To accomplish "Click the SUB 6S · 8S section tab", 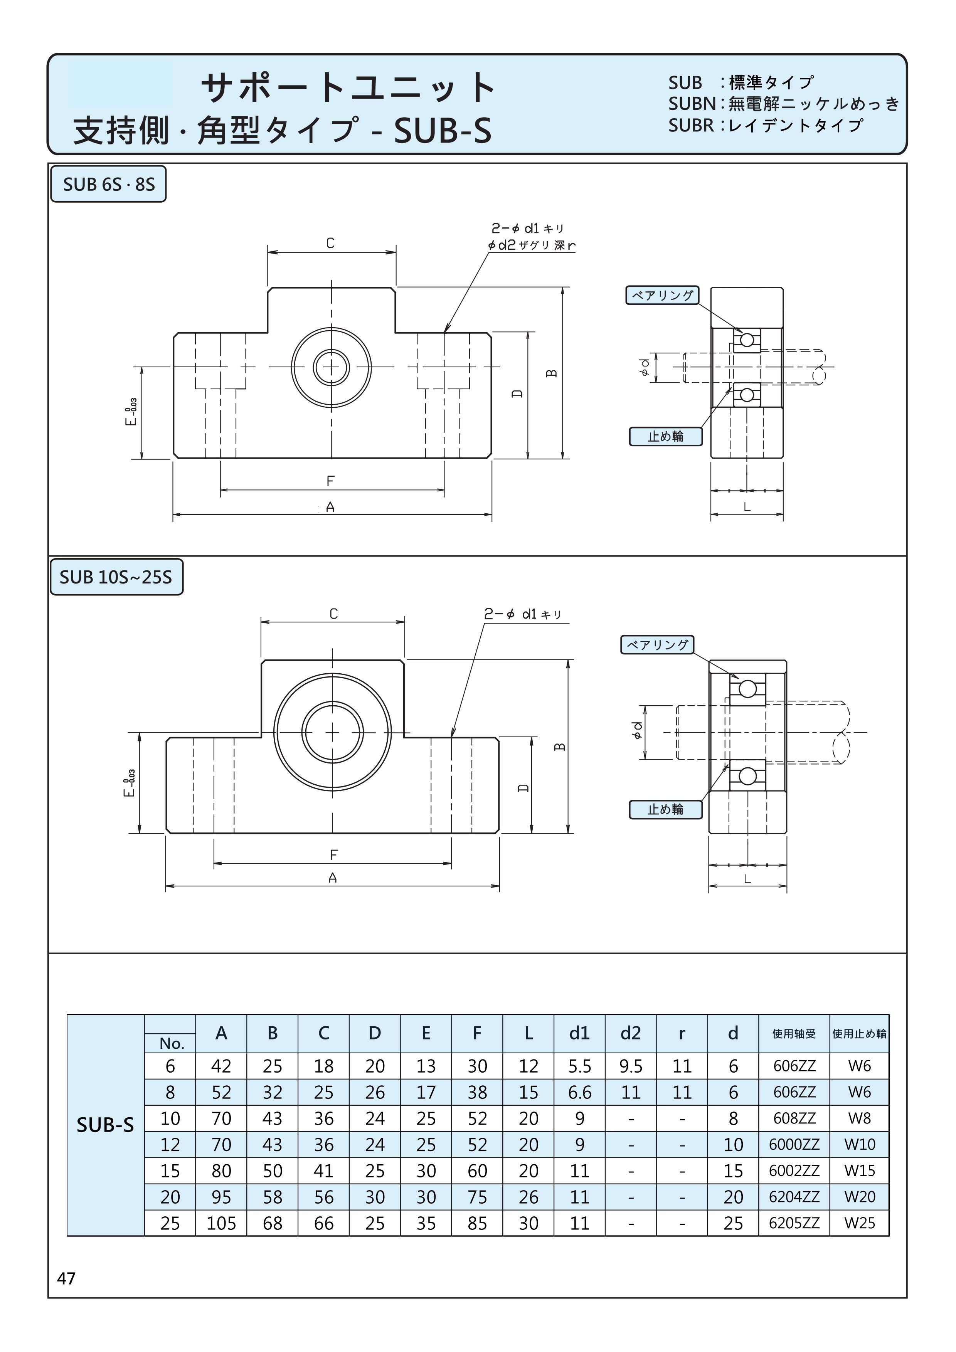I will pos(108,184).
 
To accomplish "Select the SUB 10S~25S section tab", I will pos(116,577).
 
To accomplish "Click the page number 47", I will pos(66,1278).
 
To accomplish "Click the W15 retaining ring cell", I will pos(859,1170).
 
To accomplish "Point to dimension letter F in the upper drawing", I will pos(330,481).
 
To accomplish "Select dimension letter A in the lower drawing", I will pos(333,878).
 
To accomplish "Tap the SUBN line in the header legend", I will pos(783,104).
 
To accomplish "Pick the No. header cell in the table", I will pos(172,1043).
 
